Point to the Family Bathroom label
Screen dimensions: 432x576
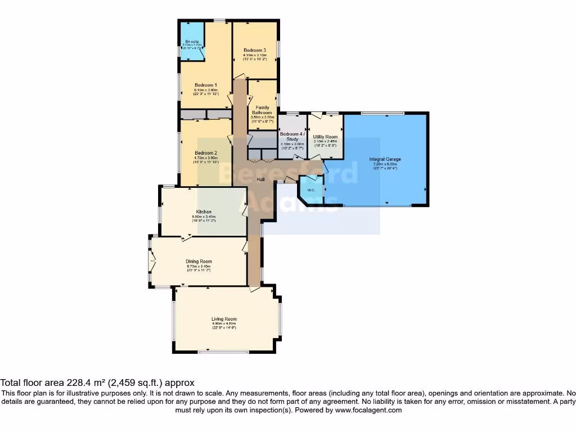(262, 110)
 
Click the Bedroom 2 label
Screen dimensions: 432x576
(206, 153)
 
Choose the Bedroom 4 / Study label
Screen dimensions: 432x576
(292, 137)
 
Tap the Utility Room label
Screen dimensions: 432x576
(325, 137)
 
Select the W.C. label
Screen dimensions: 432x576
(311, 189)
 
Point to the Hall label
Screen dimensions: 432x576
(261, 179)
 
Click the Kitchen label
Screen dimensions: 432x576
(204, 211)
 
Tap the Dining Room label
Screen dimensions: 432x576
(199, 261)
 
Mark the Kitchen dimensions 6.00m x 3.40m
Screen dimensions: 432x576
(204, 217)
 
